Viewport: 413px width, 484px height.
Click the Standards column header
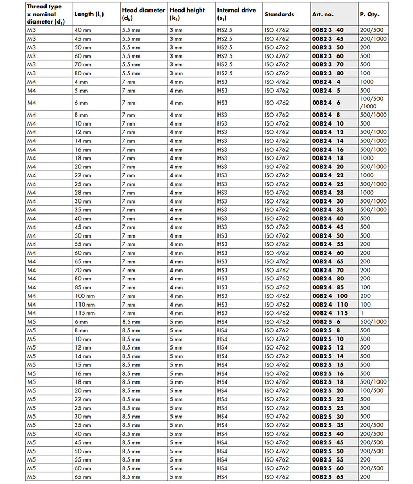pyautogui.click(x=279, y=14)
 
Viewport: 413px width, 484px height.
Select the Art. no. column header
pyautogui.click(x=322, y=14)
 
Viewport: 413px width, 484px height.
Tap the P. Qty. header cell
pyautogui.click(x=369, y=14)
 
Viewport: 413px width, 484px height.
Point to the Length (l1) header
pyautogui.click(x=89, y=14)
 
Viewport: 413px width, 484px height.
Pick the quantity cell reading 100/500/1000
pyautogui.click(x=372, y=103)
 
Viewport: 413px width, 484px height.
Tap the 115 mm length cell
pyautogui.click(x=85, y=313)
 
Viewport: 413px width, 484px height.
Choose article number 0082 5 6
pyautogui.click(x=326, y=322)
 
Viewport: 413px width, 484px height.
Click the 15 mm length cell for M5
pyautogui.click(x=83, y=365)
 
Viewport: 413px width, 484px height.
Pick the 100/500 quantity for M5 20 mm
pyautogui.click(x=372, y=391)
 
